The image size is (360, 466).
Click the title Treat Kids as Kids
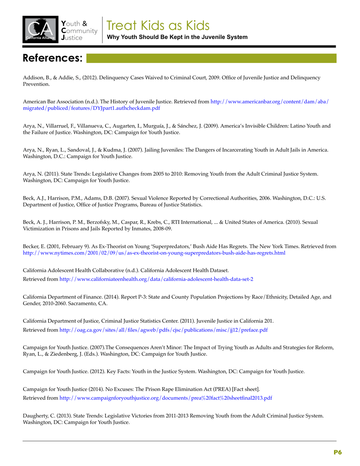point(158,25)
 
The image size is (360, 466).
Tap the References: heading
point(53,58)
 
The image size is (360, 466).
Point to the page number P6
point(338,452)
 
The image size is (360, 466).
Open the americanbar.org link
point(269,102)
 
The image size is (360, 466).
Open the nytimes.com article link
point(154,252)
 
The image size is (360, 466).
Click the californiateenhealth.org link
point(156,279)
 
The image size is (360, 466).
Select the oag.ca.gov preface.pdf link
point(163,330)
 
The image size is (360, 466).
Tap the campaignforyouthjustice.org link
point(166,398)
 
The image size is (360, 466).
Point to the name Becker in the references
point(32,246)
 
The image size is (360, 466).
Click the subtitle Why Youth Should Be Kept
point(177,37)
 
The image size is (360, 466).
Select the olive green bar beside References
point(211,58)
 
